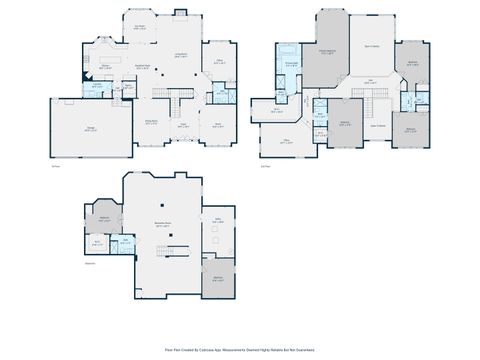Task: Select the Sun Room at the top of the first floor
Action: [x=140, y=28]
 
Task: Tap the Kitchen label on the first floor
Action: [x=105, y=66]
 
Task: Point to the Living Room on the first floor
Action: [x=181, y=56]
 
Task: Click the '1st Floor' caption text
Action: [x=55, y=166]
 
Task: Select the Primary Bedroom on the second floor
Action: [x=326, y=52]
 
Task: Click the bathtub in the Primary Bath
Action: [x=290, y=50]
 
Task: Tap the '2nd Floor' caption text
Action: [x=265, y=166]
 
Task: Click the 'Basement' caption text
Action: [x=90, y=263]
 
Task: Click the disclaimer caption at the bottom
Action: [x=239, y=350]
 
